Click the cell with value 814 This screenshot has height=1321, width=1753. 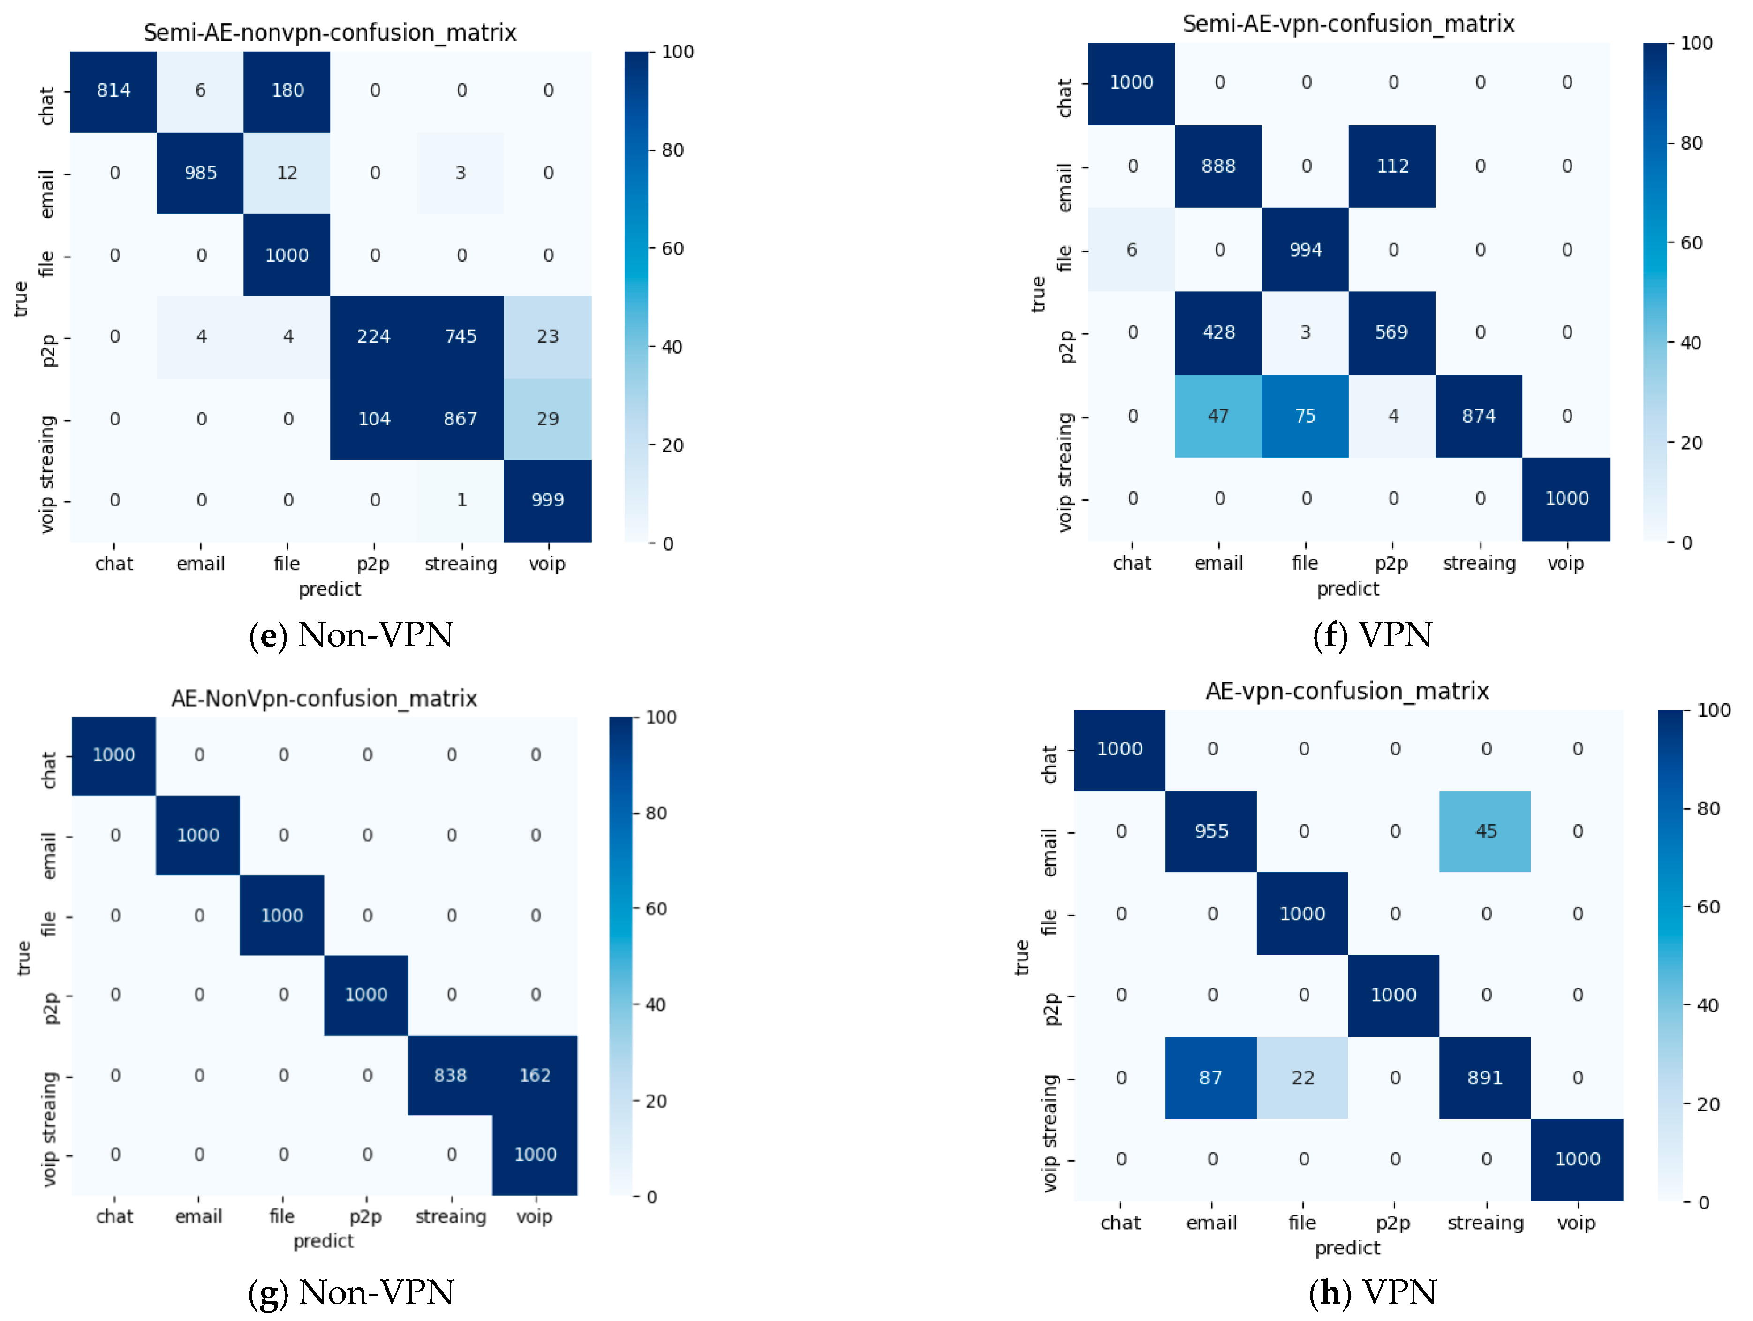pos(113,91)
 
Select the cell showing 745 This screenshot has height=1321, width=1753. pos(461,337)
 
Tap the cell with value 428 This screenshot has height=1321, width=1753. pos(1218,333)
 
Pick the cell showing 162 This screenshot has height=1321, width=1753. pos(535,1075)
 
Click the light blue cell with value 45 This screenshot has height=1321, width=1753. pos(1485,831)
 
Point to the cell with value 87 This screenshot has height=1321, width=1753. pos(1210,1078)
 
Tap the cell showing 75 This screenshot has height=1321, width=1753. pos(1305,416)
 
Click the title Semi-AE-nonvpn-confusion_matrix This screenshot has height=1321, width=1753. pos(330,32)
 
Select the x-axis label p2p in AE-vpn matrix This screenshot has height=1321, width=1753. pos(1392,1223)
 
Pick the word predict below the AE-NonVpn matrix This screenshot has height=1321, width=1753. pos(323,1241)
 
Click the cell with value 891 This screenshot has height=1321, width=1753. pos(1484,1078)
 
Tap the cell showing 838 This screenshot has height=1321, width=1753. pos(450,1075)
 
